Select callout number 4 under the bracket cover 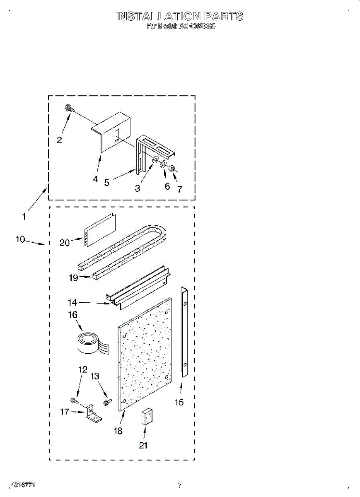pos(96,179)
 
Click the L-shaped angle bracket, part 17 pos(93,414)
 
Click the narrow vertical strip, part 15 pos(185,331)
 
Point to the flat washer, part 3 pos(155,160)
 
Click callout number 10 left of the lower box pos(21,239)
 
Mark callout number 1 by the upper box pos(24,216)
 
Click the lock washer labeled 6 pos(164,164)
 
